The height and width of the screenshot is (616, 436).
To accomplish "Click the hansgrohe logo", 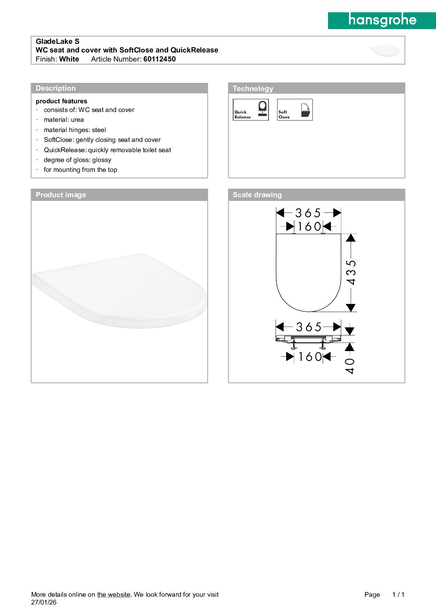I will pos(382,20).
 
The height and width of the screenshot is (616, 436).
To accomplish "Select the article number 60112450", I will pos(159,59).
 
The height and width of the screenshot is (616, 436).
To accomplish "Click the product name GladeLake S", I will pos(57,41).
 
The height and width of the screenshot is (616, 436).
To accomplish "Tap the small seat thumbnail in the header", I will pos(385,50).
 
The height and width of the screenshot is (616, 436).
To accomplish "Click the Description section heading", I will pos(56,88).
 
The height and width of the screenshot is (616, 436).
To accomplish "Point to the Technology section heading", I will pos(253,89).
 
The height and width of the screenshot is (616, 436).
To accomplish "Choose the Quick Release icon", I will pos(251,110).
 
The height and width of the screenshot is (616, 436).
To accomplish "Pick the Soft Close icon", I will pos(295,110).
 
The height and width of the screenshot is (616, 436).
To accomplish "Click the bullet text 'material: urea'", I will pos(64,120).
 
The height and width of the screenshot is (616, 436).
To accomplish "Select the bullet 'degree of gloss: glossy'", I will pos(77,160).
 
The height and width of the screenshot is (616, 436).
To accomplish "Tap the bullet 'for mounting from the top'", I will pos(80,170).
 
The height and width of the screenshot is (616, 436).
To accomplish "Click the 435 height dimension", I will pos(351,272).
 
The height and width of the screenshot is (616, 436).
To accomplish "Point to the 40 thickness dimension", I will pos(350,365).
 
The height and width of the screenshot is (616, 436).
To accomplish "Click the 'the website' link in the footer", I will pos(114,595).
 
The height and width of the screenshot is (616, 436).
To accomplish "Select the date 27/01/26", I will pos(44,602).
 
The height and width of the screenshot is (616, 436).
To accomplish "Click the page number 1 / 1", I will pos(398,595).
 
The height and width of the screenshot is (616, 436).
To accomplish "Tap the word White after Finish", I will pos(69,59).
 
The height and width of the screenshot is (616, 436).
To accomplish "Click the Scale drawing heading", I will pos(257,195).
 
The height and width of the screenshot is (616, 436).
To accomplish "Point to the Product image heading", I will pos(61,195).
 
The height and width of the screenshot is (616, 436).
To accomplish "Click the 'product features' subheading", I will pos(62,101).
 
